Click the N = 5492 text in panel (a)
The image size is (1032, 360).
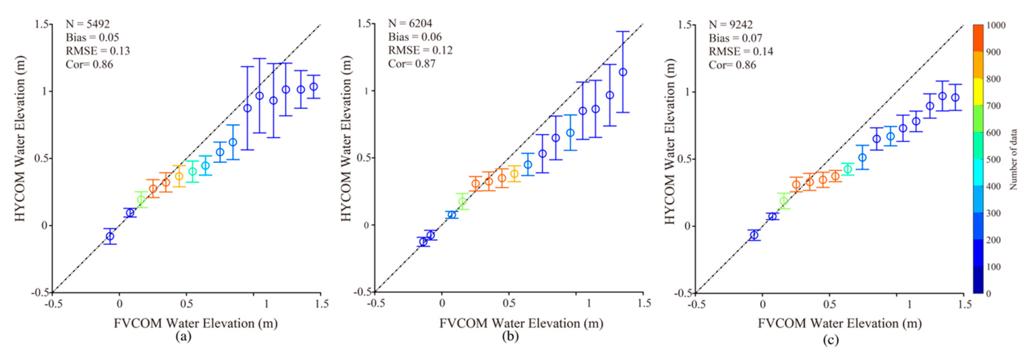point(87,24)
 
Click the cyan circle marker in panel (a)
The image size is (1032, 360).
point(205,165)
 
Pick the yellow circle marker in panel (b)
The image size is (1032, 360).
point(514,174)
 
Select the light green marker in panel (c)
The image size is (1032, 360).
point(783,201)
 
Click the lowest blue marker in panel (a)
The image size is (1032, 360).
point(110,236)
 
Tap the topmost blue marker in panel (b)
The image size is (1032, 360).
point(623,72)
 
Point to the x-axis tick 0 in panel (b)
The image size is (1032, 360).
point(442,303)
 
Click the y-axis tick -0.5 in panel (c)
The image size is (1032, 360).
point(684,293)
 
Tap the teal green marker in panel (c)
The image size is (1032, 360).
point(848,169)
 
